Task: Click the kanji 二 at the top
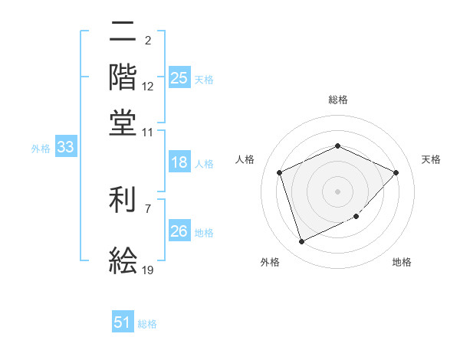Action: pyautogui.click(x=123, y=32)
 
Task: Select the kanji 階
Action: pyautogui.click(x=123, y=77)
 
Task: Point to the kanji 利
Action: pyautogui.click(x=123, y=201)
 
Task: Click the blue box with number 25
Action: pyautogui.click(x=179, y=77)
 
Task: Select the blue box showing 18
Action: pyautogui.click(x=179, y=162)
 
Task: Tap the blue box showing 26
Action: pyautogui.click(x=179, y=231)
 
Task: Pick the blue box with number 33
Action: pyautogui.click(x=64, y=148)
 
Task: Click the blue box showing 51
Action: pyautogui.click(x=123, y=322)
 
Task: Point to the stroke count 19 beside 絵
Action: pyautogui.click(x=148, y=269)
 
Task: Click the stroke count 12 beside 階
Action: pyautogui.click(x=148, y=87)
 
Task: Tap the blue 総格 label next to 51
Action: pyautogui.click(x=147, y=324)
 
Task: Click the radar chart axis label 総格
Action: pyautogui.click(x=337, y=100)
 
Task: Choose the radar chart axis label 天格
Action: pyautogui.click(x=431, y=159)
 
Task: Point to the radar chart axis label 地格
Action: pyautogui.click(x=402, y=263)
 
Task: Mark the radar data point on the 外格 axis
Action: pyautogui.click(x=301, y=242)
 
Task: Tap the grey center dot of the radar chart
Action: pyautogui.click(x=337, y=191)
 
